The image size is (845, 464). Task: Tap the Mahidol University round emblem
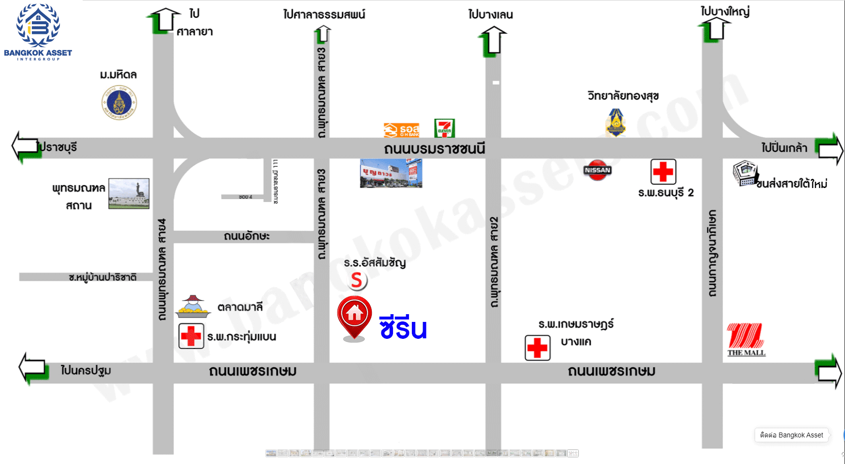point(119,102)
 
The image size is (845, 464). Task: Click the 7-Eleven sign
point(444,129)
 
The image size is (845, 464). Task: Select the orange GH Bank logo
point(401,130)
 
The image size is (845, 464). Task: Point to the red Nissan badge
point(597,170)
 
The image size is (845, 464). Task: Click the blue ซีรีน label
point(403,328)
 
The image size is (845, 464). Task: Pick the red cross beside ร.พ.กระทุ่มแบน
point(191,336)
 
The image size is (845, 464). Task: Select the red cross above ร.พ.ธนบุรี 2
point(663,172)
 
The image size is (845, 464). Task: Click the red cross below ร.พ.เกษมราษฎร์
point(538,348)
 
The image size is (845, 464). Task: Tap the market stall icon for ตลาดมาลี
point(193,306)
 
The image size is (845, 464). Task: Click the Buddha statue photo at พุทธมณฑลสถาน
point(129,193)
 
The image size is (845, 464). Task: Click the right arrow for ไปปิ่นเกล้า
point(830,150)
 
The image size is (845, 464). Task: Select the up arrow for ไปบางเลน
point(493,41)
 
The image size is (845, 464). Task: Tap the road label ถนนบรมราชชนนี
point(434,149)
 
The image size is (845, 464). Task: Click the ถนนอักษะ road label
point(247,236)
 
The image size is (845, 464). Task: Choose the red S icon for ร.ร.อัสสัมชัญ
point(357,280)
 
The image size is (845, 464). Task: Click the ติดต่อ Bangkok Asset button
point(791,435)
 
